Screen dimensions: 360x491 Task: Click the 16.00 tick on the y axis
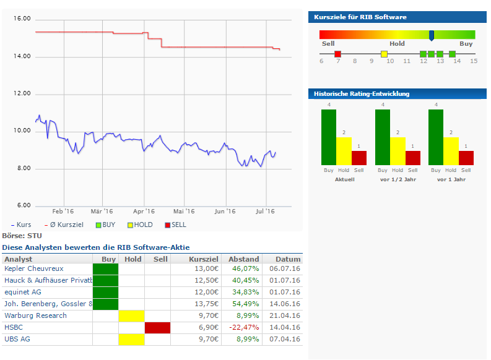[x=22, y=19]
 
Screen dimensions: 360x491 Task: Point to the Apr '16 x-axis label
[x=143, y=211]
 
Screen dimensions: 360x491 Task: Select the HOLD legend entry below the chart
[x=140, y=225]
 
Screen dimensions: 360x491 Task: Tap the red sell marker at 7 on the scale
[x=337, y=54]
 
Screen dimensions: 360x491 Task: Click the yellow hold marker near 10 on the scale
[x=384, y=54]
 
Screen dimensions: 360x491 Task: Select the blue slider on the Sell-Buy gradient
[x=432, y=35]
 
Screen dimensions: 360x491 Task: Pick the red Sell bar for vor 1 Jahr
[x=466, y=158]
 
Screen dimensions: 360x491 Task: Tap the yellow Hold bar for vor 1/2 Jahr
[x=398, y=152]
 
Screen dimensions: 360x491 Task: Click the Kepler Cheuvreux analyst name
[x=33, y=269]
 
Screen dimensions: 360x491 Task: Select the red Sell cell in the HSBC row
[x=157, y=327]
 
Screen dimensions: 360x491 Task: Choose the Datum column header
[x=288, y=259]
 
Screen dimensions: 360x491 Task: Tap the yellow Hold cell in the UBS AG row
[x=131, y=339]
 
